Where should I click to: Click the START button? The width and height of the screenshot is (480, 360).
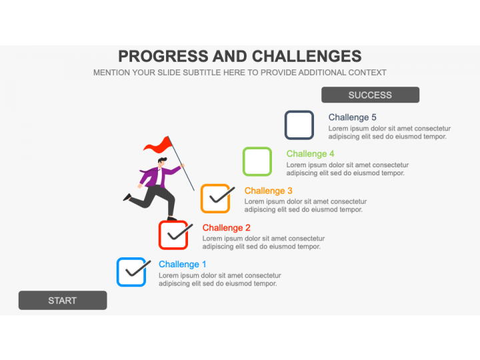[63, 300]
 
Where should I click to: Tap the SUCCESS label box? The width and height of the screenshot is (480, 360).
[370, 95]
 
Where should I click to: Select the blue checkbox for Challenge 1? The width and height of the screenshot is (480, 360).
[131, 272]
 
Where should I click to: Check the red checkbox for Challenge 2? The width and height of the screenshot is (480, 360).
[173, 235]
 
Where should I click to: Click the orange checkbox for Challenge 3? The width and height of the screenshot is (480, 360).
[215, 199]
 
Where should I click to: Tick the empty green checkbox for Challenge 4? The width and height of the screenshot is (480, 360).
[257, 161]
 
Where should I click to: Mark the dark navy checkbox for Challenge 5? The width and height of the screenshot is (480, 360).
[299, 125]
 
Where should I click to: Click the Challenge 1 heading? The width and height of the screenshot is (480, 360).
[183, 264]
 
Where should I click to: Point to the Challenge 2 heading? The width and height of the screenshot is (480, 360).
[226, 227]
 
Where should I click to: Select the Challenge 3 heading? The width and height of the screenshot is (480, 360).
[268, 191]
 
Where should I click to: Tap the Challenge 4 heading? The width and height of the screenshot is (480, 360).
[310, 154]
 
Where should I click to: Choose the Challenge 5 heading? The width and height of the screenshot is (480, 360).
[353, 117]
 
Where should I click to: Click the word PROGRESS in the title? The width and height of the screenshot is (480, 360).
[163, 56]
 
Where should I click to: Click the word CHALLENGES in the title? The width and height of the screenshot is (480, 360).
[307, 56]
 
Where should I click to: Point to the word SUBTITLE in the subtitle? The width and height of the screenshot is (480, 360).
[201, 73]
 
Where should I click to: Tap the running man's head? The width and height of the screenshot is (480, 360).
[162, 162]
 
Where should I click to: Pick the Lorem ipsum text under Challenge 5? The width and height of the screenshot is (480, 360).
[389, 132]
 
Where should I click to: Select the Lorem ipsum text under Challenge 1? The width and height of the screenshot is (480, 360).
[220, 279]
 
